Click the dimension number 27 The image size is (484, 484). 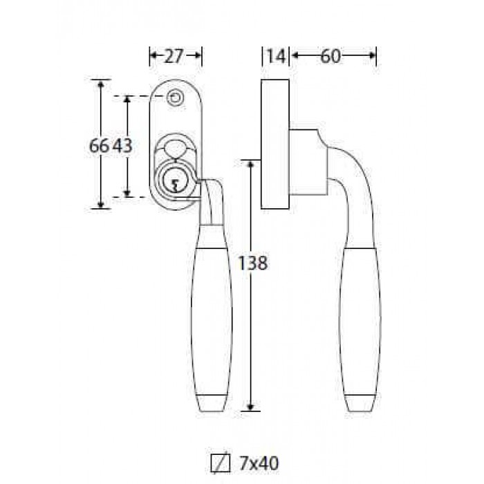click(x=174, y=56)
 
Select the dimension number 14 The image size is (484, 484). click(x=276, y=56)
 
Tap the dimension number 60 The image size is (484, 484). click(x=330, y=56)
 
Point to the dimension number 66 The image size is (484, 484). click(x=99, y=145)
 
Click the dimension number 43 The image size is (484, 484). click(x=122, y=145)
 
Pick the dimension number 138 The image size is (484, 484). click(x=253, y=263)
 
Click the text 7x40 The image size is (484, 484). click(x=259, y=463)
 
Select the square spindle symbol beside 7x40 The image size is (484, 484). click(x=221, y=463)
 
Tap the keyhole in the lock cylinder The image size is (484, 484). click(x=175, y=185)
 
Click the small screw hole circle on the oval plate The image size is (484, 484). click(x=176, y=98)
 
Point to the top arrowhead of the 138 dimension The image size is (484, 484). click(x=250, y=164)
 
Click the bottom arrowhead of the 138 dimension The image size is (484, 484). click(x=250, y=407)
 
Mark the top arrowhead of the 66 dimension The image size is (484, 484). click(x=100, y=84)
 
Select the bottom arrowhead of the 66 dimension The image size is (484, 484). click(x=100, y=205)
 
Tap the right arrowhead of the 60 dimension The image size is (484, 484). click(x=373, y=55)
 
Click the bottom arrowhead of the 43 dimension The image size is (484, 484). click(x=127, y=193)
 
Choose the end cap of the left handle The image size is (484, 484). click(x=212, y=403)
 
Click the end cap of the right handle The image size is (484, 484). click(x=360, y=403)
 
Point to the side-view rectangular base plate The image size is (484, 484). click(x=275, y=144)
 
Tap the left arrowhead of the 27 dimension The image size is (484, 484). click(x=153, y=55)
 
